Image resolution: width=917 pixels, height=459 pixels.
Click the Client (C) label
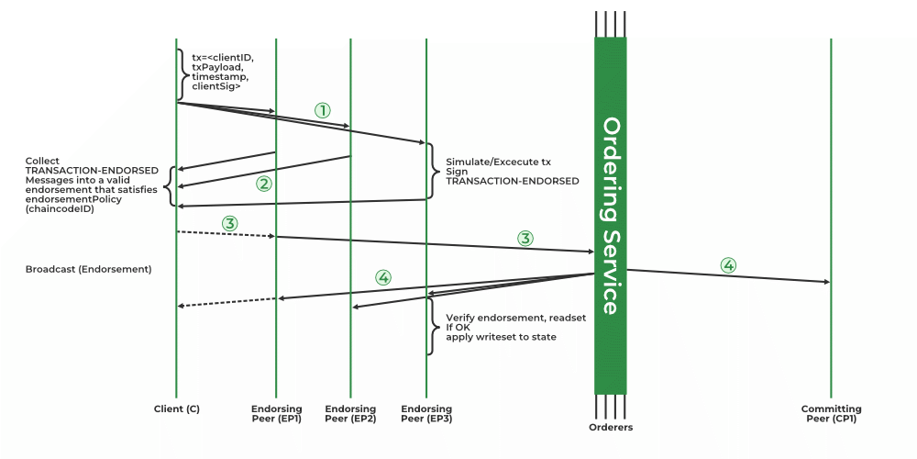176,409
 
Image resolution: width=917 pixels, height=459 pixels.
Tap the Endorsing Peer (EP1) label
276,413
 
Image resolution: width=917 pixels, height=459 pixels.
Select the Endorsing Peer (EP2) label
350,413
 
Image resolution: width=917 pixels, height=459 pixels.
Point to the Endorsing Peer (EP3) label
426,413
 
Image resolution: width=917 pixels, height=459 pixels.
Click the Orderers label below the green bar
611,427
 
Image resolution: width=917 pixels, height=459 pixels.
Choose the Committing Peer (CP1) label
831,413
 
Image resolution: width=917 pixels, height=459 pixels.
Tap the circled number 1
322,109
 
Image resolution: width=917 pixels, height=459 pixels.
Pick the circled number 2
264,183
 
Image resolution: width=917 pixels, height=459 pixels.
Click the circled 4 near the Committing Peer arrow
728,265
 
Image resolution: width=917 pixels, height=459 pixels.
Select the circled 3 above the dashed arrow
230,223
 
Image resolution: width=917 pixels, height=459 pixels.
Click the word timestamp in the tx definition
216,77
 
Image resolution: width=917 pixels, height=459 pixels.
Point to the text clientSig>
215,87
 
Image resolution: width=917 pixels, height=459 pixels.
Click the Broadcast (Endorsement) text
88,270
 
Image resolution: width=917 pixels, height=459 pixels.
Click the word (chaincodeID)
60,209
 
